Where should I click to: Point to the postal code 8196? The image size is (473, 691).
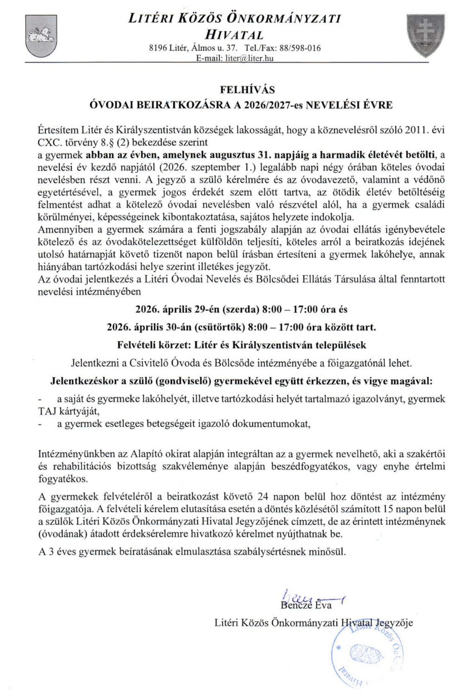160,48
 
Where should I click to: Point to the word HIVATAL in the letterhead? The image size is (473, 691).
236,34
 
